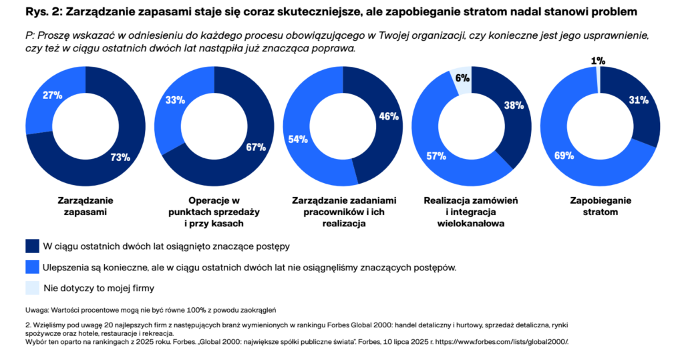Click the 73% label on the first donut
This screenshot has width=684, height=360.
pyautogui.click(x=120, y=158)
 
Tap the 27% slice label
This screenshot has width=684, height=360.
pyautogui.click(x=52, y=96)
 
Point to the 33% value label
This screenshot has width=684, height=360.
pyautogui.click(x=174, y=100)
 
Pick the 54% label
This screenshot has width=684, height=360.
pyautogui.click(x=298, y=140)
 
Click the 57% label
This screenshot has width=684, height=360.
pyautogui.click(x=436, y=156)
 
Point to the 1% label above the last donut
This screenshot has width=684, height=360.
pyautogui.click(x=598, y=61)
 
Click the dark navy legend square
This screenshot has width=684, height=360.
pyautogui.click(x=32, y=246)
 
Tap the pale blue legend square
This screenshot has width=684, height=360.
pyautogui.click(x=32, y=288)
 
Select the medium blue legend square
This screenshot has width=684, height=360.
pyautogui.click(x=32, y=267)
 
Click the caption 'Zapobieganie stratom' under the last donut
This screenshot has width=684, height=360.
pyautogui.click(x=601, y=206)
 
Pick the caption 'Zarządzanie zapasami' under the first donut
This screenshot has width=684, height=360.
pyautogui.click(x=85, y=206)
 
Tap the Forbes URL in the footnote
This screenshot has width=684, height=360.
pyautogui.click(x=502, y=341)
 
